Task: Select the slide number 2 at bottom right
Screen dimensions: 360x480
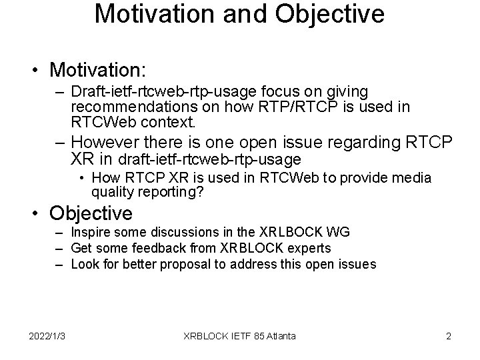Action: click(448, 336)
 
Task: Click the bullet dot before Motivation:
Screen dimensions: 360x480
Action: click(40, 71)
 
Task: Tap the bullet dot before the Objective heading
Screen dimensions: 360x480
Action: click(40, 215)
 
